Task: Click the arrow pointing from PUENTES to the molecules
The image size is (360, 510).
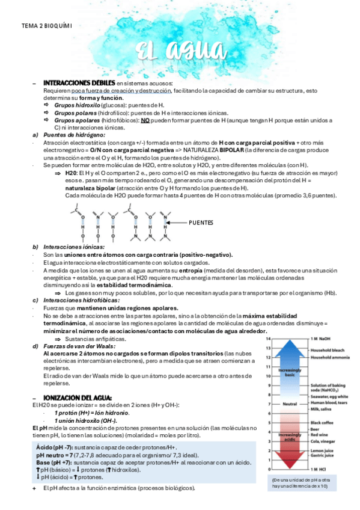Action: tap(177, 223)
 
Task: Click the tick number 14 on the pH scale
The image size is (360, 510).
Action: tap(269, 340)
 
